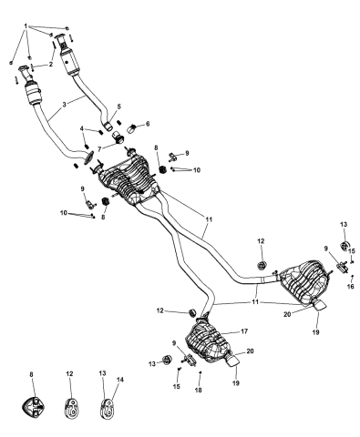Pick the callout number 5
[118, 107]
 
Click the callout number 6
[148, 124]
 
